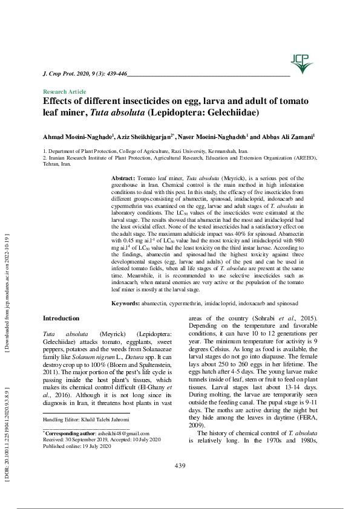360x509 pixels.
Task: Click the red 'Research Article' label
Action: (61, 91)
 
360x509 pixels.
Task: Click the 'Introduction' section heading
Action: (61, 318)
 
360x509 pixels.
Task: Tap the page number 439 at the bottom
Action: (179, 465)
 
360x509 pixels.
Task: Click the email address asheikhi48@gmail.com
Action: (116, 434)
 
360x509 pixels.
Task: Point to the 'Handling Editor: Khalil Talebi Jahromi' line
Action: (86, 419)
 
